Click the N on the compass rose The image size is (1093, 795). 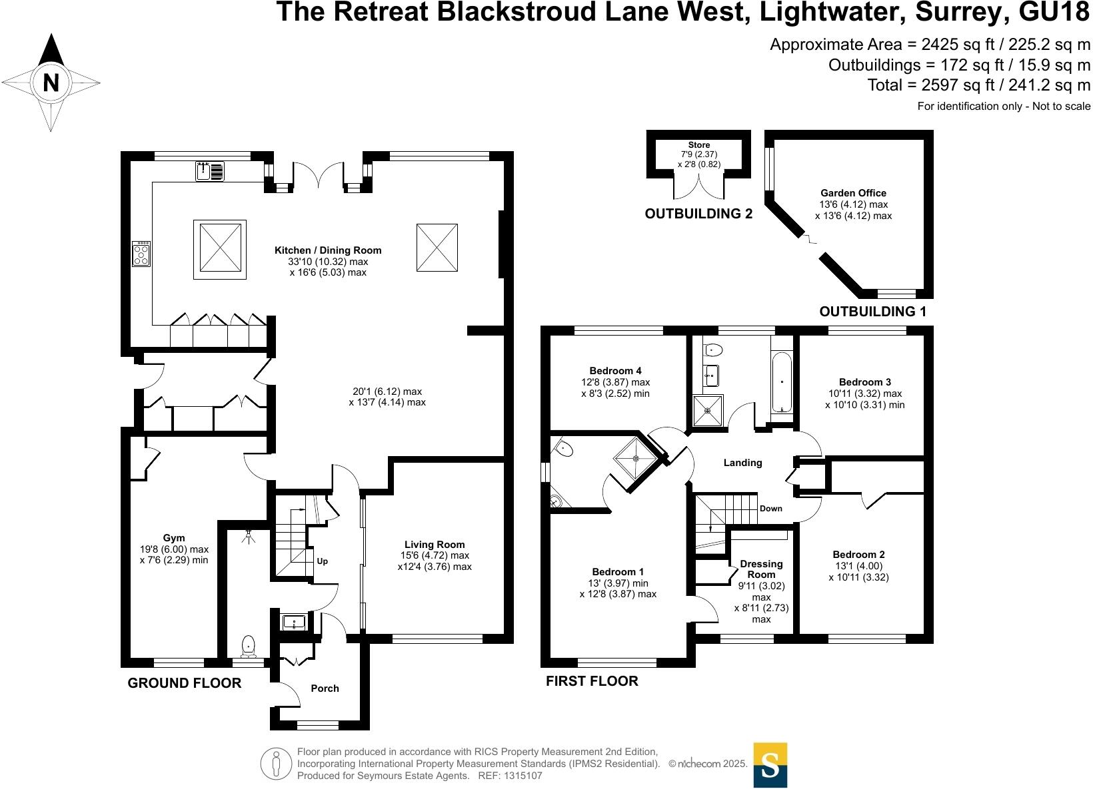pos(51,83)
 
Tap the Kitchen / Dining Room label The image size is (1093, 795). pos(328,250)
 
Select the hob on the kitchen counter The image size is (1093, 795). pos(141,254)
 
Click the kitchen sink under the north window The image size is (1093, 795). pos(211,171)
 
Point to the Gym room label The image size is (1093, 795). pos(174,538)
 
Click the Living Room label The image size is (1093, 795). pos(434,545)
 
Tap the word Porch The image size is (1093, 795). pos(325,688)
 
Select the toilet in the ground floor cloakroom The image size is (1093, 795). pos(248,645)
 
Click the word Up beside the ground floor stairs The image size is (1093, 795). pos(323,561)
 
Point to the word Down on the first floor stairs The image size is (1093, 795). pos(771,509)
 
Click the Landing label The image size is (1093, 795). pos(742,463)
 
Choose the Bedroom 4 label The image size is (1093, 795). pos(615,371)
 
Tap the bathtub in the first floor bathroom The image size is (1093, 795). pos(782,382)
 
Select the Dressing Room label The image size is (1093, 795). pos(761,569)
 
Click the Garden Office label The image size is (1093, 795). pos(853,193)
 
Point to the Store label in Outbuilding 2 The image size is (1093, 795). pos(699,144)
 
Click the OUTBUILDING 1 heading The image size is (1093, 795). pos(872,312)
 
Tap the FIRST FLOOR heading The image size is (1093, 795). pos(592,681)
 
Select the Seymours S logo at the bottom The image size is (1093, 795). pos(770,765)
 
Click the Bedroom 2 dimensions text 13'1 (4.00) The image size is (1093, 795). pos(858,566)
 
